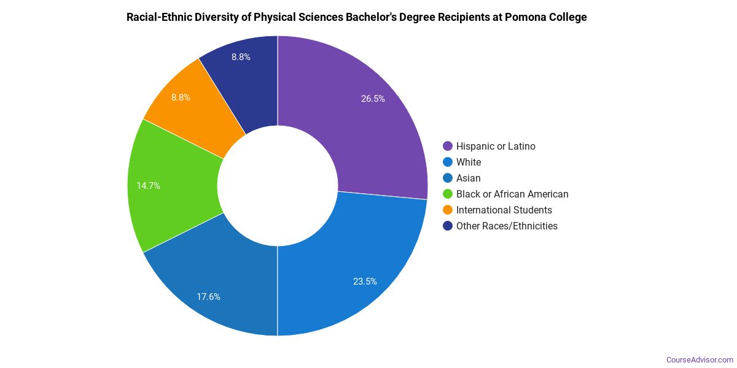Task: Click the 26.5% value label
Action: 373,98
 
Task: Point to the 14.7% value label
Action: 148,185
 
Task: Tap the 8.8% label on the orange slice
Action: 181,97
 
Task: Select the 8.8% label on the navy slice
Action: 241,57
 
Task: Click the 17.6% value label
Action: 208,297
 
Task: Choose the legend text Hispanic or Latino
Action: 496,146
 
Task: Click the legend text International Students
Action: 504,210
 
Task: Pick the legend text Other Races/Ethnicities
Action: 507,226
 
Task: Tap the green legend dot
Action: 448,194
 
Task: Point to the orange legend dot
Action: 448,210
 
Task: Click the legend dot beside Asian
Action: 448,178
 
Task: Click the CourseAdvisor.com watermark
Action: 700,359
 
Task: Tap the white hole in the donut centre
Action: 278,185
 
